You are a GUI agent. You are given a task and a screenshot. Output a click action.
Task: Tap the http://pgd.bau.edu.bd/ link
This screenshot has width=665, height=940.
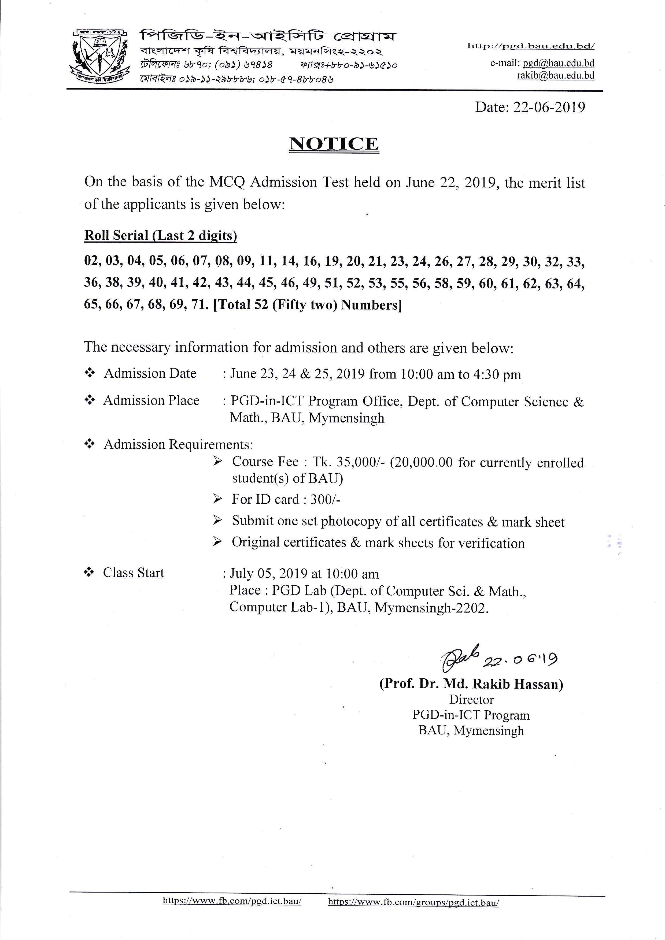[x=531, y=46]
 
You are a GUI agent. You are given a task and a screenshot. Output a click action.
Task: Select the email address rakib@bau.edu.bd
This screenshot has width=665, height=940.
[x=555, y=76]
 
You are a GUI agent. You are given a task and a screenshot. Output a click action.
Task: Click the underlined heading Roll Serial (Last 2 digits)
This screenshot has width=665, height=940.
[x=161, y=236]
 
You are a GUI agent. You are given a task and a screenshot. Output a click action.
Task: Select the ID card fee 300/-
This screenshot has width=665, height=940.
[x=326, y=499]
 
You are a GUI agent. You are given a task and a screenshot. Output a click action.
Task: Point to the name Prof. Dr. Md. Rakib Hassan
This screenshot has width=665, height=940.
[x=471, y=684]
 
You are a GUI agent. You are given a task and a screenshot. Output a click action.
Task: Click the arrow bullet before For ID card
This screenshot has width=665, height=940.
[x=217, y=499]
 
